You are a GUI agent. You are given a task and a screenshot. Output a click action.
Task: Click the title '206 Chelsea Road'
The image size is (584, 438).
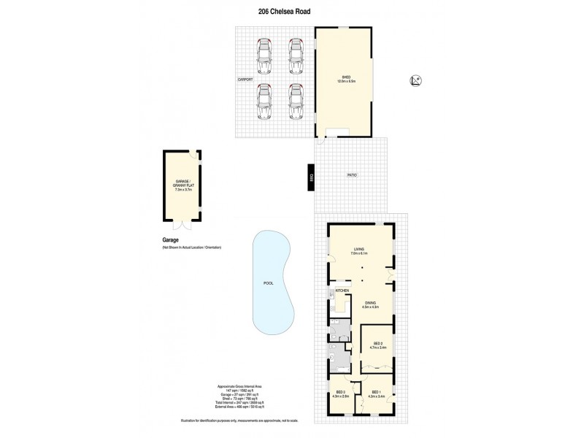(291, 12)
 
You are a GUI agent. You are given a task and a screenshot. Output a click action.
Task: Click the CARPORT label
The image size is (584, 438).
(245, 78)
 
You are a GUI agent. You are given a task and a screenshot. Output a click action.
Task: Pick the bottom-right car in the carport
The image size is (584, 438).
(296, 101)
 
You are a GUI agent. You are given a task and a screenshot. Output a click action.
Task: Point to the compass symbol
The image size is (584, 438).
(415, 82)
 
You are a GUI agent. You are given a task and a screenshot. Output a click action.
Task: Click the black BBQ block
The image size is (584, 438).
(311, 178)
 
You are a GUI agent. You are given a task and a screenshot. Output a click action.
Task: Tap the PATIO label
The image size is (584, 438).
(351, 175)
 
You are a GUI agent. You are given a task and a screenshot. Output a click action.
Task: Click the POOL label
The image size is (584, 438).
(268, 283)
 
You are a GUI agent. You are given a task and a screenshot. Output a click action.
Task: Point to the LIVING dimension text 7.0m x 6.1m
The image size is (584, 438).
(358, 253)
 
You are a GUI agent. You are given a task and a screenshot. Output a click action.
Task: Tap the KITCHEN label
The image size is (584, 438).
(342, 291)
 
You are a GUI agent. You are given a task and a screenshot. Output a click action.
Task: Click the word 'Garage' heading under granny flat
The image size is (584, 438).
(171, 239)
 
